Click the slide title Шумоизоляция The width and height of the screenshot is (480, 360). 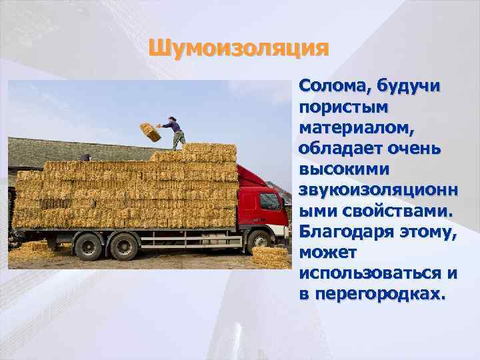tap(239, 48)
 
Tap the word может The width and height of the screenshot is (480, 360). tap(329, 253)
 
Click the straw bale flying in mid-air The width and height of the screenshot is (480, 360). tap(151, 131)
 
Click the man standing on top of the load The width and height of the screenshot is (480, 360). tap(176, 132)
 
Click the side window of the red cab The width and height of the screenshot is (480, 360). tap(269, 201)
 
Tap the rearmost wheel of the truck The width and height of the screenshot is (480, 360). tap(87, 246)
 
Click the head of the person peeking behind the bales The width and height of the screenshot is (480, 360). tap(85, 157)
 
